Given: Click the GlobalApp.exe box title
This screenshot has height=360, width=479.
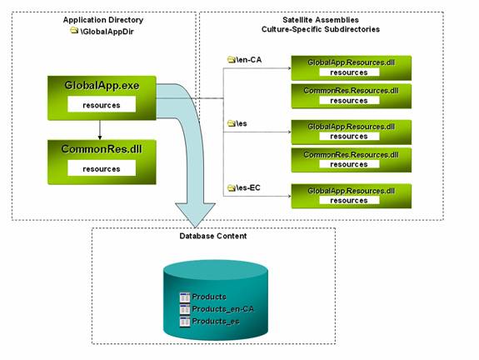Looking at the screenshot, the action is coord(102,85).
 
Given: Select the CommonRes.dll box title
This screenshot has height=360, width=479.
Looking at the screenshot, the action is coord(102,149).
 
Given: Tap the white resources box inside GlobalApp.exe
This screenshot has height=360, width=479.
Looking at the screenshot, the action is coord(102,104).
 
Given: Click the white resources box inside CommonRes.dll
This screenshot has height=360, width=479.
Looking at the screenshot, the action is coord(102,168).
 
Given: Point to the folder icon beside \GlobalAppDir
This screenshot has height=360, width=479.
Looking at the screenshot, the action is coord(74,30).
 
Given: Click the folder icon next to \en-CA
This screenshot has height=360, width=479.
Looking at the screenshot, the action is coord(232,59).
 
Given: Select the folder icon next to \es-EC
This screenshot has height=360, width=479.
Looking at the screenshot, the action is coord(232,187).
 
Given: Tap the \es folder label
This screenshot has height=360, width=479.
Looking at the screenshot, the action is coord(242,123).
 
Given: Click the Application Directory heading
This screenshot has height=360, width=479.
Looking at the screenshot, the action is coord(103,20).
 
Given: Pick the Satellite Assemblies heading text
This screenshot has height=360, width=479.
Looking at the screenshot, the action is coord(321,20).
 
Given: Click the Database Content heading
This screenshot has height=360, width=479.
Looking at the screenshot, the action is coord(213,236).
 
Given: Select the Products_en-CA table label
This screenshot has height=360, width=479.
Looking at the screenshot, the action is coord(222,309).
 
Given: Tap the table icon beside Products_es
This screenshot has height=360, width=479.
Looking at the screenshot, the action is coord(185,322).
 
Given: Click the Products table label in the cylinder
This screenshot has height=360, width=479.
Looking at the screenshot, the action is coord(209,297).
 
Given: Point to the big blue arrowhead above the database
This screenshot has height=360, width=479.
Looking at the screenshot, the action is coord(195,215).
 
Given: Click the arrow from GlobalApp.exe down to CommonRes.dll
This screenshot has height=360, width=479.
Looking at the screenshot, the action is coord(100,130).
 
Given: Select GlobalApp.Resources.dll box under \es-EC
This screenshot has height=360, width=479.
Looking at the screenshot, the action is coord(352,196).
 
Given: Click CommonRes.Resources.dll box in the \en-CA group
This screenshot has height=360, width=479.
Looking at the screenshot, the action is coord(352,96).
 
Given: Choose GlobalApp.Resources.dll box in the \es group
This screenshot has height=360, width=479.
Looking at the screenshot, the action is coord(352,132).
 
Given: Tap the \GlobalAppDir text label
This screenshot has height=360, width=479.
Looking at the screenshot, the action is coord(107,32).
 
